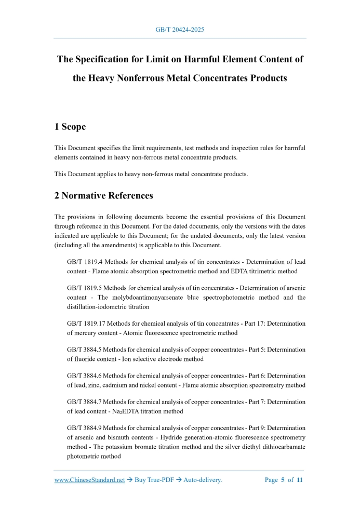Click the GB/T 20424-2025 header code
click(180, 30)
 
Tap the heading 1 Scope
click(70, 127)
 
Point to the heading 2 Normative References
click(104, 196)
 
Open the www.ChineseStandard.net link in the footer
click(90, 480)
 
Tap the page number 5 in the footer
click(283, 480)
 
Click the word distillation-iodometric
click(101, 306)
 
